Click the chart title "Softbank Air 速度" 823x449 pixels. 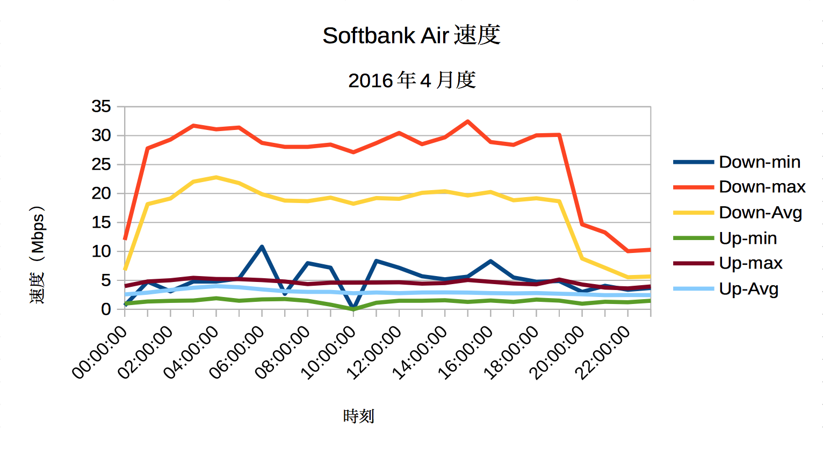411,35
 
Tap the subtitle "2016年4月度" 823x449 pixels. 411,81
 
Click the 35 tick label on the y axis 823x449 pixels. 102,107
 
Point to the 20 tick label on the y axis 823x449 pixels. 102,193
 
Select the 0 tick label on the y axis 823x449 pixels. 106,309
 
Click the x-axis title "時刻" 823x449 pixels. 358,416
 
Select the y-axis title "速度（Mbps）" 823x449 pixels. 38,255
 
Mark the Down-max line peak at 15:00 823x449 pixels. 467,121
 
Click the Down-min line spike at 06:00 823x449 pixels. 262,247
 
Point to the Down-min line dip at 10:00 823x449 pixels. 353,309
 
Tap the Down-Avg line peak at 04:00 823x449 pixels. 216,177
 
